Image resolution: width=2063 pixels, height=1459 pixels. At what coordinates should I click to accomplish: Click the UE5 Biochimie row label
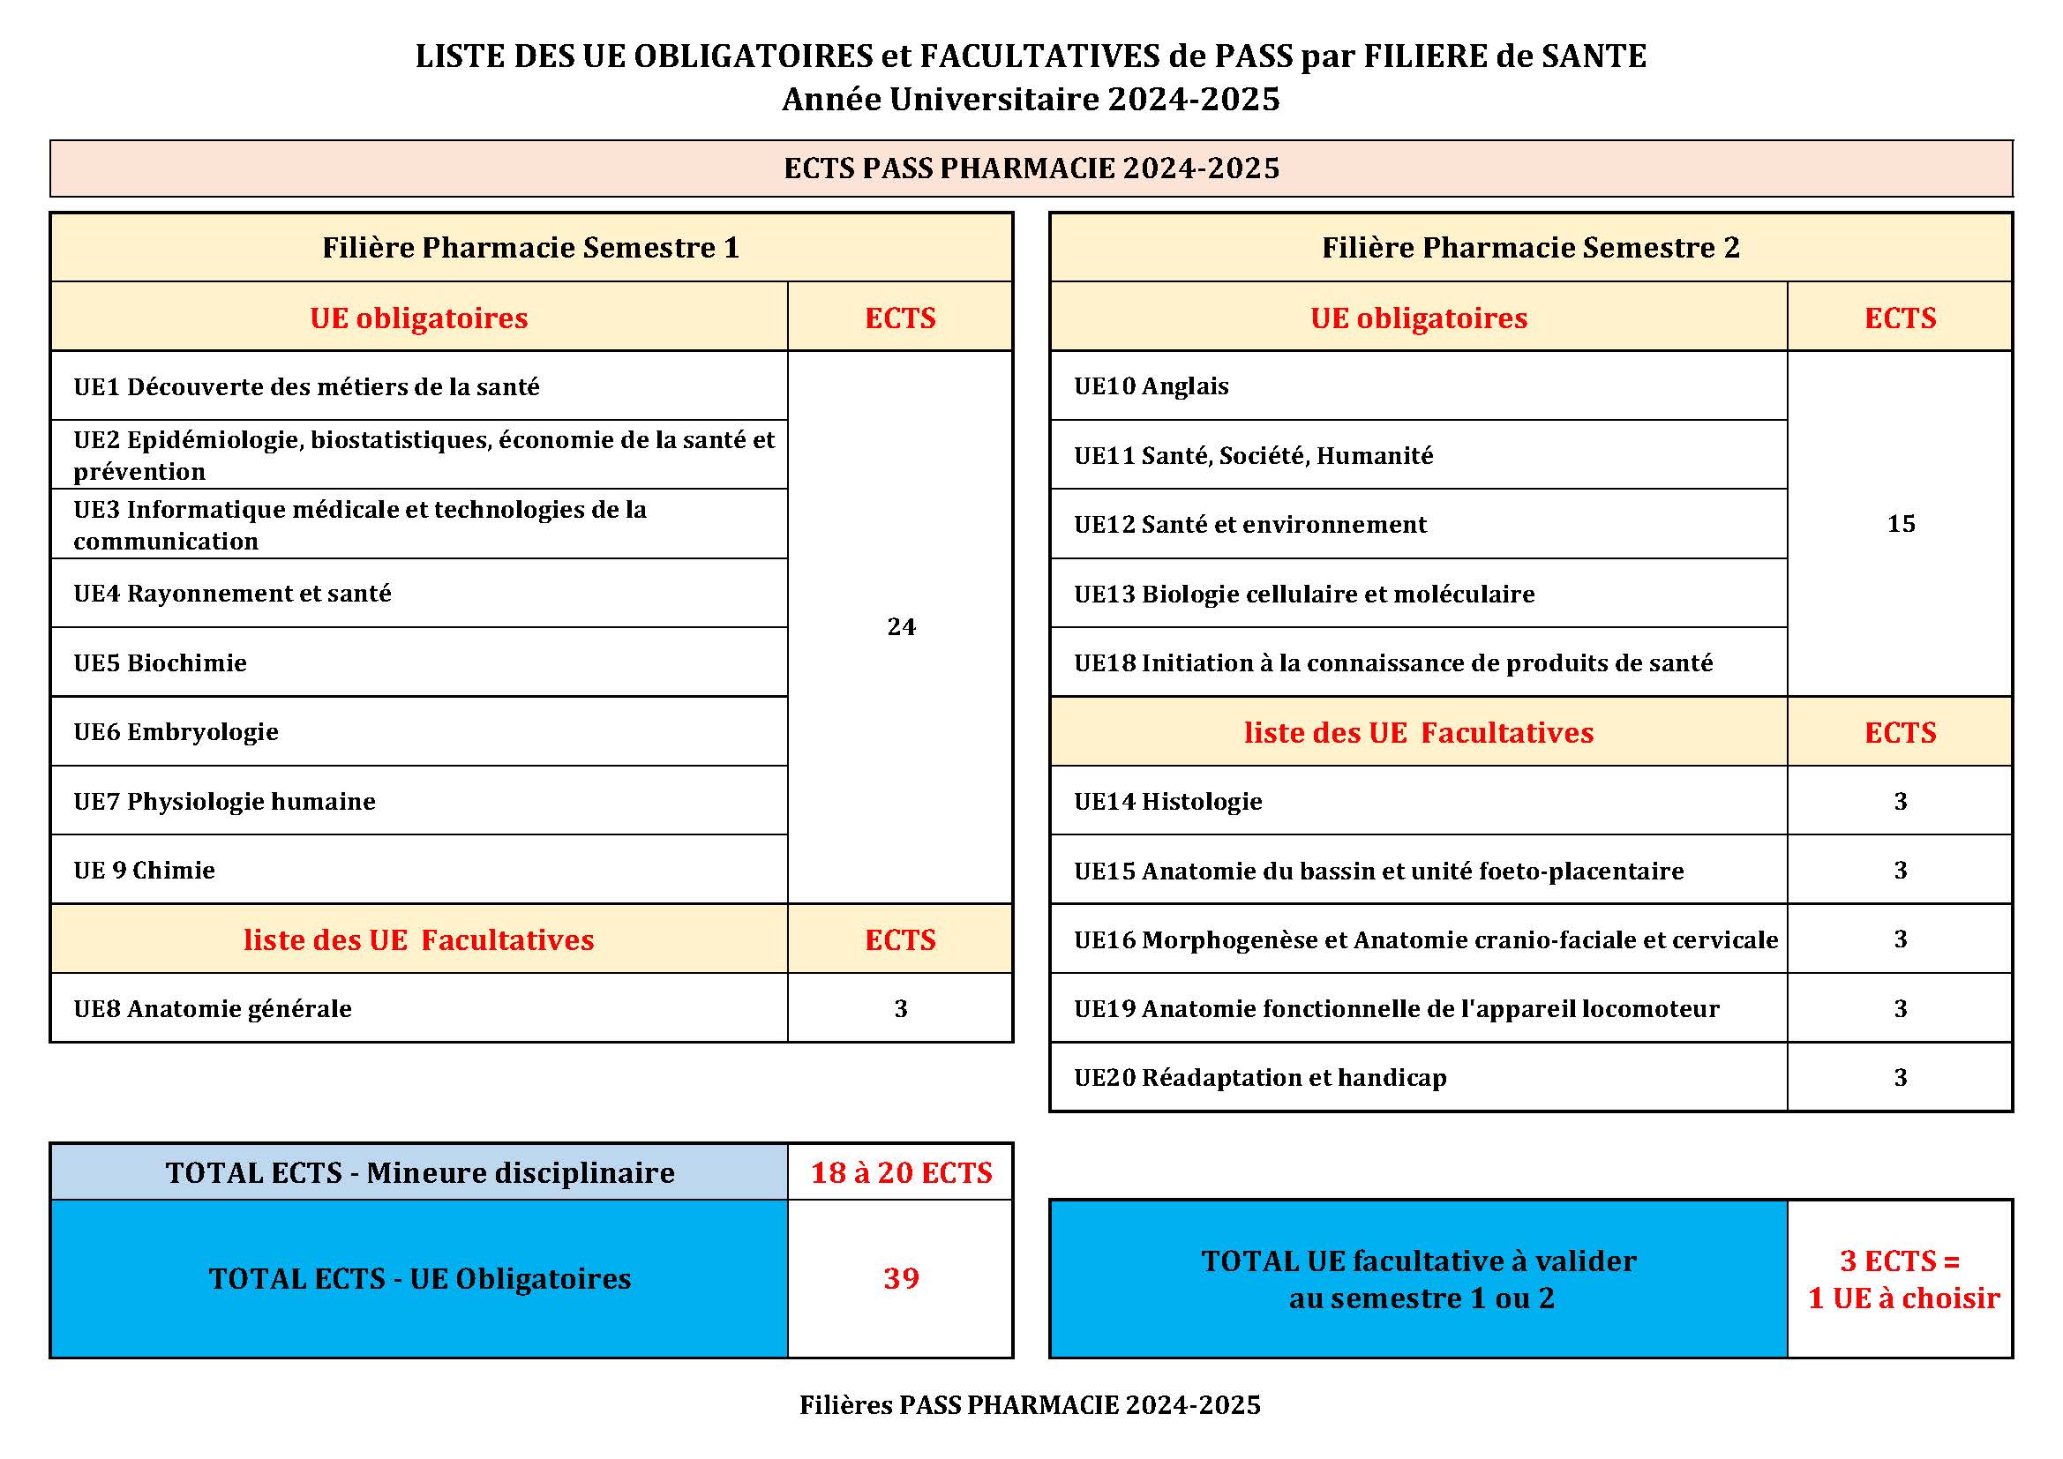[160, 663]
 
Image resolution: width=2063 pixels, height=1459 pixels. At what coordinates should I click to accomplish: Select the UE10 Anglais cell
[1151, 386]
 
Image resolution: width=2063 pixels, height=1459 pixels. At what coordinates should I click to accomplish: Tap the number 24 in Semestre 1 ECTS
[901, 627]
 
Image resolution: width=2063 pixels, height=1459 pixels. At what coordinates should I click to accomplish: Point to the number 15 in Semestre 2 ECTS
[1901, 524]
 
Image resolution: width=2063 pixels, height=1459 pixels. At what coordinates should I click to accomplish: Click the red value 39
[901, 1278]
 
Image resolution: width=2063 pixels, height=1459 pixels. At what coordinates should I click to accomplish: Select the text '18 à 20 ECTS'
[901, 1172]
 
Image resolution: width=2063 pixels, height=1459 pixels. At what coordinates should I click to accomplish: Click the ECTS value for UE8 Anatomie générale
[901, 1009]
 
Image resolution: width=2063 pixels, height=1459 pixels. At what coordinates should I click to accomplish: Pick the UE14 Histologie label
[1168, 801]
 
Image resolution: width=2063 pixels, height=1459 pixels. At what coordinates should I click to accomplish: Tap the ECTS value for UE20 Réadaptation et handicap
[1901, 1077]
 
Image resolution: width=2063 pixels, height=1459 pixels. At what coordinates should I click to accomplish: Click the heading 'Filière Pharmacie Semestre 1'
[531, 248]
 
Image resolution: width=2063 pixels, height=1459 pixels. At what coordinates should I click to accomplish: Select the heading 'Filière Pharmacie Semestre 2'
[1530, 248]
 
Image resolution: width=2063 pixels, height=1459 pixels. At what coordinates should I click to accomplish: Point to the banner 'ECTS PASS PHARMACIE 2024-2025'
[1031, 168]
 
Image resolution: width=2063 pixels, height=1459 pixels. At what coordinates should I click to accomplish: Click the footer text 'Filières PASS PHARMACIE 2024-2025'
[1031, 1405]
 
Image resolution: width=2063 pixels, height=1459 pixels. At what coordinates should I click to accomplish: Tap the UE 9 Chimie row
[145, 871]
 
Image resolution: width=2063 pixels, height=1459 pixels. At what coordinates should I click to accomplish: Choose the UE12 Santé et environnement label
[1249, 525]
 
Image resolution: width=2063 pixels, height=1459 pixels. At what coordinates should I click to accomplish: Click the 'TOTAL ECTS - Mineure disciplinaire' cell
[420, 1173]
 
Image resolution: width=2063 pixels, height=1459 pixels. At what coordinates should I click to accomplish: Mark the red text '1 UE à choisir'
[1903, 1298]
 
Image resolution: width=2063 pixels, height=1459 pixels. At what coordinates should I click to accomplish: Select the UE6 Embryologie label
[176, 732]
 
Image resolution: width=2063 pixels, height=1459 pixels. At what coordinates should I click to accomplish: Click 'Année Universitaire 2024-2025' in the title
[1031, 99]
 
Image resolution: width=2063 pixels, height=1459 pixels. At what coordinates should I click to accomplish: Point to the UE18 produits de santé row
[1392, 663]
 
